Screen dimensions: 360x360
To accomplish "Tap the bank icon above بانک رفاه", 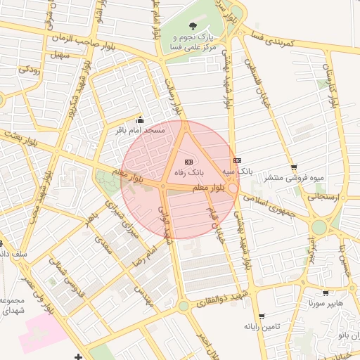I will click(188, 162).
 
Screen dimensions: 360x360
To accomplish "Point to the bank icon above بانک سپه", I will click(237, 161).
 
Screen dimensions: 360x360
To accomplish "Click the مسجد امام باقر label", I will click(141, 130).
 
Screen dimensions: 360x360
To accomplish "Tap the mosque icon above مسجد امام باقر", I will click(139, 120).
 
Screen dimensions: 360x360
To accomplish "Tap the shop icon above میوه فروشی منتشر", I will click(293, 168).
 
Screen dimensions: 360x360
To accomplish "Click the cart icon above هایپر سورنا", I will click(325, 293).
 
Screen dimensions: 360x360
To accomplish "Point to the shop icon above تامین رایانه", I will click(262, 316).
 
